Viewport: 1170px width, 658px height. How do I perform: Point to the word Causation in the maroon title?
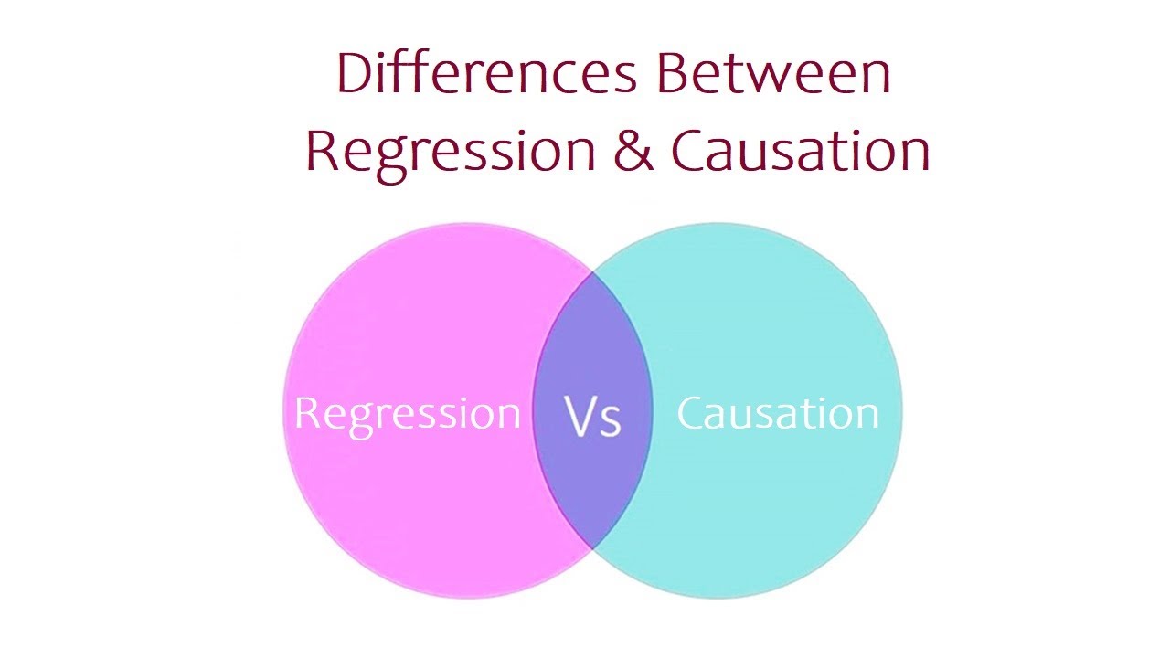click(801, 151)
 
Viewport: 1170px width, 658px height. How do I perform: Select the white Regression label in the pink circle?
click(407, 414)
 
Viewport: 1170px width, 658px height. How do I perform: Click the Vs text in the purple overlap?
click(593, 416)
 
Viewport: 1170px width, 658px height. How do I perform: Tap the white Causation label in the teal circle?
click(778, 413)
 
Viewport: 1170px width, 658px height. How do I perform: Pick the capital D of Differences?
click(355, 73)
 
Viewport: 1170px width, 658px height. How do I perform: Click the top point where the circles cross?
click(592, 271)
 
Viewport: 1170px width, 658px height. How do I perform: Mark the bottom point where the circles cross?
click(592, 549)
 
